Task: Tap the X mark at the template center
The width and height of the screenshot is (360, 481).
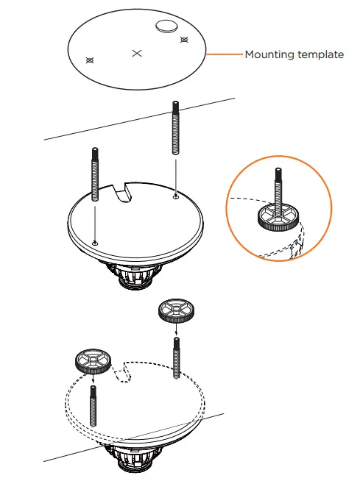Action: pyautogui.click(x=135, y=53)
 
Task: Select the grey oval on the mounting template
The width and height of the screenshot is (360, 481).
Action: pyautogui.click(x=166, y=26)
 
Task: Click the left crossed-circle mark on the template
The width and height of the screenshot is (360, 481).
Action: pyautogui.click(x=90, y=60)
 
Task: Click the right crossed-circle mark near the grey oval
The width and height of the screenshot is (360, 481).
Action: pyautogui.click(x=184, y=39)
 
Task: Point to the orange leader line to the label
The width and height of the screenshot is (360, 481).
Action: pyautogui.click(x=224, y=54)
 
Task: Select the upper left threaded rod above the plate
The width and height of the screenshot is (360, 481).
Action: pyautogui.click(x=95, y=174)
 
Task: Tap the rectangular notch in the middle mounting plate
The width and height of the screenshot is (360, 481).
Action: pyautogui.click(x=123, y=193)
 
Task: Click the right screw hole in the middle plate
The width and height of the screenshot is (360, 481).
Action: pyautogui.click(x=175, y=196)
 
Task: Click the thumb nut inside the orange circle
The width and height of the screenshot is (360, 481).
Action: pyautogui.click(x=277, y=218)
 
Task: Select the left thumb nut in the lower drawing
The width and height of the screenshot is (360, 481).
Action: pyautogui.click(x=92, y=363)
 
